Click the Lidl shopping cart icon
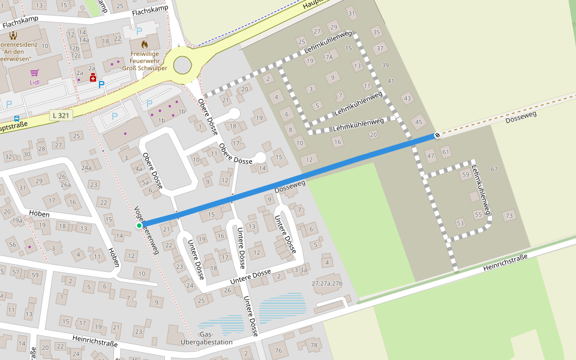34,73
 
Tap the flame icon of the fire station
144,44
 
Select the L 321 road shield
61,115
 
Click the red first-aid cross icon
93,78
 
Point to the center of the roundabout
182,64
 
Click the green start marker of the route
139,226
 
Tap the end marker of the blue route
437,135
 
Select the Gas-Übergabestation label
215,338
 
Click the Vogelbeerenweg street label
146,231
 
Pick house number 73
509,215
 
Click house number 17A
327,58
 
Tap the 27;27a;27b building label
327,283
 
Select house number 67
494,169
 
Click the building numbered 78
313,345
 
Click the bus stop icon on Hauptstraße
16,118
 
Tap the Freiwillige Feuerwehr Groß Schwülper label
144,61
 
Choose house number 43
408,98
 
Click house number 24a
86,168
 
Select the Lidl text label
34,82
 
